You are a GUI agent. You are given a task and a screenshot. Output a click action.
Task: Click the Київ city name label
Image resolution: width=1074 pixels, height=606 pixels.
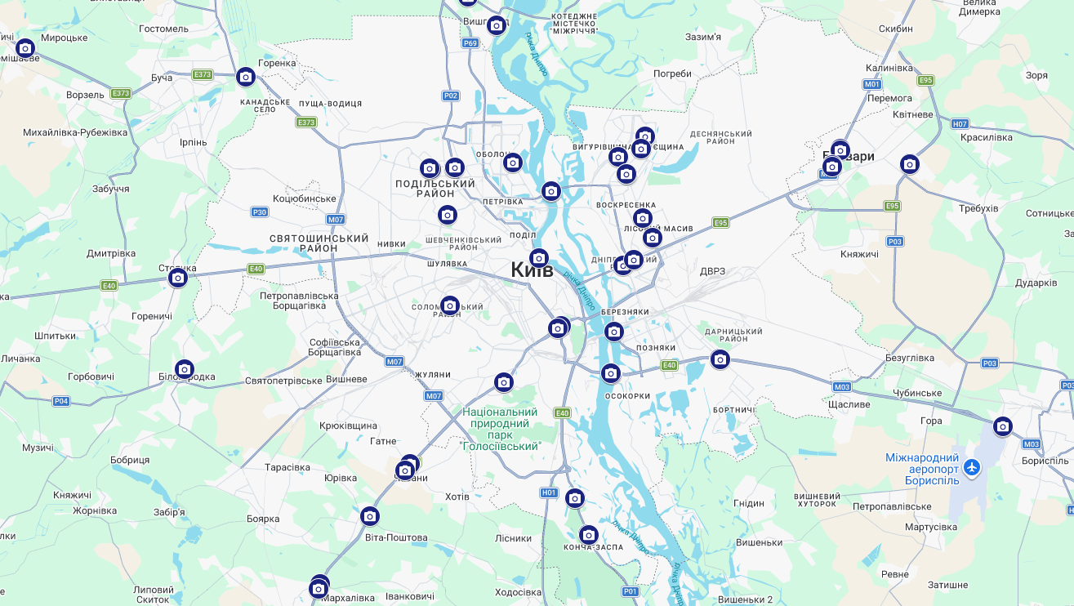click(532, 270)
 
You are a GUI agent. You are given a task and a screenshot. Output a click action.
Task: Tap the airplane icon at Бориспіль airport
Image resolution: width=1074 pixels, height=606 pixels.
click(971, 467)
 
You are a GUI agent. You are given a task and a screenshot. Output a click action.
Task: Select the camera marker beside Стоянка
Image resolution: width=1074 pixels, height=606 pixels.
click(178, 278)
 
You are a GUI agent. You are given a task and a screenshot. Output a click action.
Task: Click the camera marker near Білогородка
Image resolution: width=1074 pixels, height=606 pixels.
click(185, 370)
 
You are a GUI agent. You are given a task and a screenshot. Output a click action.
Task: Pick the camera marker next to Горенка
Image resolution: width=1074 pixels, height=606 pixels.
click(246, 78)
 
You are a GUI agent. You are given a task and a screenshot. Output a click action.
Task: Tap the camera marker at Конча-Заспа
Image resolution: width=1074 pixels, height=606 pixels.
click(589, 536)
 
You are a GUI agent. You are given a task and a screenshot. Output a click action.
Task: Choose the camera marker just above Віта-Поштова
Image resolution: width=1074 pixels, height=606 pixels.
click(370, 516)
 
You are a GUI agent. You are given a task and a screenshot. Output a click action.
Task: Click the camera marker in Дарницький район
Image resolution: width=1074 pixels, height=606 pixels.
click(720, 359)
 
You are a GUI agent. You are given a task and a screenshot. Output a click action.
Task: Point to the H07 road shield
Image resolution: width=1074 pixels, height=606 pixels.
click(960, 124)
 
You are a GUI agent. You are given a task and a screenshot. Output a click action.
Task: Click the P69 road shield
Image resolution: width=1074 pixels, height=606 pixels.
click(470, 43)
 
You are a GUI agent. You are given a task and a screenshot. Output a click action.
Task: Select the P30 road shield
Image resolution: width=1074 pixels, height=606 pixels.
click(259, 212)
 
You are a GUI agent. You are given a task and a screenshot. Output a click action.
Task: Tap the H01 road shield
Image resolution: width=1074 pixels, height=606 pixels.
click(549, 493)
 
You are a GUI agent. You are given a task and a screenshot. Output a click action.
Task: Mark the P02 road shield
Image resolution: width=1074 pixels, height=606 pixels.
click(451, 96)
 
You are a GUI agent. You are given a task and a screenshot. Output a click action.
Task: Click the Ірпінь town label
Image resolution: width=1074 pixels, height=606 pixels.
click(194, 142)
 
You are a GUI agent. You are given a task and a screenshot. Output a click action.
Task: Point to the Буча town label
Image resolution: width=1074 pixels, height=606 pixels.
click(162, 78)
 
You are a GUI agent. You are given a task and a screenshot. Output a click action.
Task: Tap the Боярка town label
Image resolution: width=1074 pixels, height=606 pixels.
click(263, 519)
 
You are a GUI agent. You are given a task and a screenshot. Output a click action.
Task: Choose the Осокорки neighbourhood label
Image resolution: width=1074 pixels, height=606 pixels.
click(627, 395)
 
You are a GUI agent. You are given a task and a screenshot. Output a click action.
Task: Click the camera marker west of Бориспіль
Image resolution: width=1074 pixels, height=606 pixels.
click(1003, 426)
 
